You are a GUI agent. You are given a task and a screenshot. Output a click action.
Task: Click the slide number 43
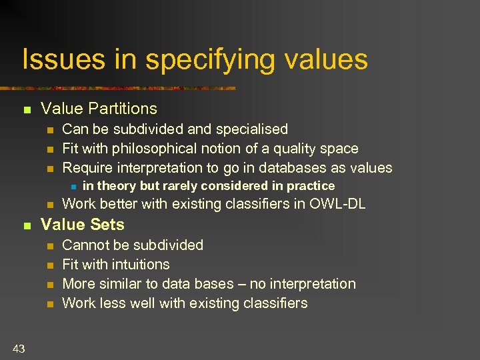tap(18, 348)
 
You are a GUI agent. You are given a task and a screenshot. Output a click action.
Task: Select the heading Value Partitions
tap(99, 109)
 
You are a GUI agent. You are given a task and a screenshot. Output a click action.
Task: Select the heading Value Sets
tap(83, 225)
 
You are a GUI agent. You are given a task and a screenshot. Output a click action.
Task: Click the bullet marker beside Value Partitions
tap(27, 109)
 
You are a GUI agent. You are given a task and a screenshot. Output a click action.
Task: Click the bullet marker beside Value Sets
tap(27, 225)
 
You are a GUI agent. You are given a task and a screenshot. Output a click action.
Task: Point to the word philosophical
tap(151, 149)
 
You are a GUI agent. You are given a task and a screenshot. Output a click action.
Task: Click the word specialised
tap(254, 129)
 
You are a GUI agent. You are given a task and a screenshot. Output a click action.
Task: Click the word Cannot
tap(85, 245)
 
